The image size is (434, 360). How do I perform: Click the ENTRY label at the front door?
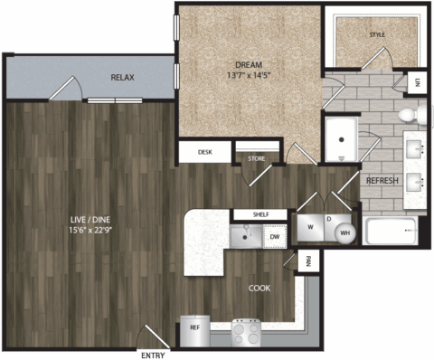click(153, 355)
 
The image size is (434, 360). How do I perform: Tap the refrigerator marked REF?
click(195, 331)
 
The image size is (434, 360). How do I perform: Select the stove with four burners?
click(246, 333)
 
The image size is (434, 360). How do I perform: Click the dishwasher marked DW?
click(275, 237)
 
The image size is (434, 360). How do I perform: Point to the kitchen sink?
click(246, 236)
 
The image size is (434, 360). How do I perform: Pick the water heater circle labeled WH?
click(345, 232)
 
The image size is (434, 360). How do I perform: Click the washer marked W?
click(310, 227)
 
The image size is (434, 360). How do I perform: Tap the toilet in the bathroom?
click(412, 115)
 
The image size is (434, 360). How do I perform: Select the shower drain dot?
click(342, 139)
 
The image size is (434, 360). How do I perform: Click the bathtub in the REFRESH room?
click(391, 231)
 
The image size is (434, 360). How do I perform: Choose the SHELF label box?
click(260, 214)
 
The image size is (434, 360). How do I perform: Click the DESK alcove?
click(205, 152)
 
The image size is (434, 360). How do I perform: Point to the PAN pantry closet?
click(308, 261)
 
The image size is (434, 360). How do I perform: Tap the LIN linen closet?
click(417, 82)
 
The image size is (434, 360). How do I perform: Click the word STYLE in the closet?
click(377, 35)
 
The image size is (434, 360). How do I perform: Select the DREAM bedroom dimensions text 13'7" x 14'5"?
click(249, 75)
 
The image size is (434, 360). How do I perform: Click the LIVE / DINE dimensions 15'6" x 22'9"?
click(90, 230)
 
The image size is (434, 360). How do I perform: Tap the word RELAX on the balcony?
click(122, 78)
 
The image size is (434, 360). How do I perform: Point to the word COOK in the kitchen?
click(259, 289)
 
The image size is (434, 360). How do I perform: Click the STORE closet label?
click(257, 158)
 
